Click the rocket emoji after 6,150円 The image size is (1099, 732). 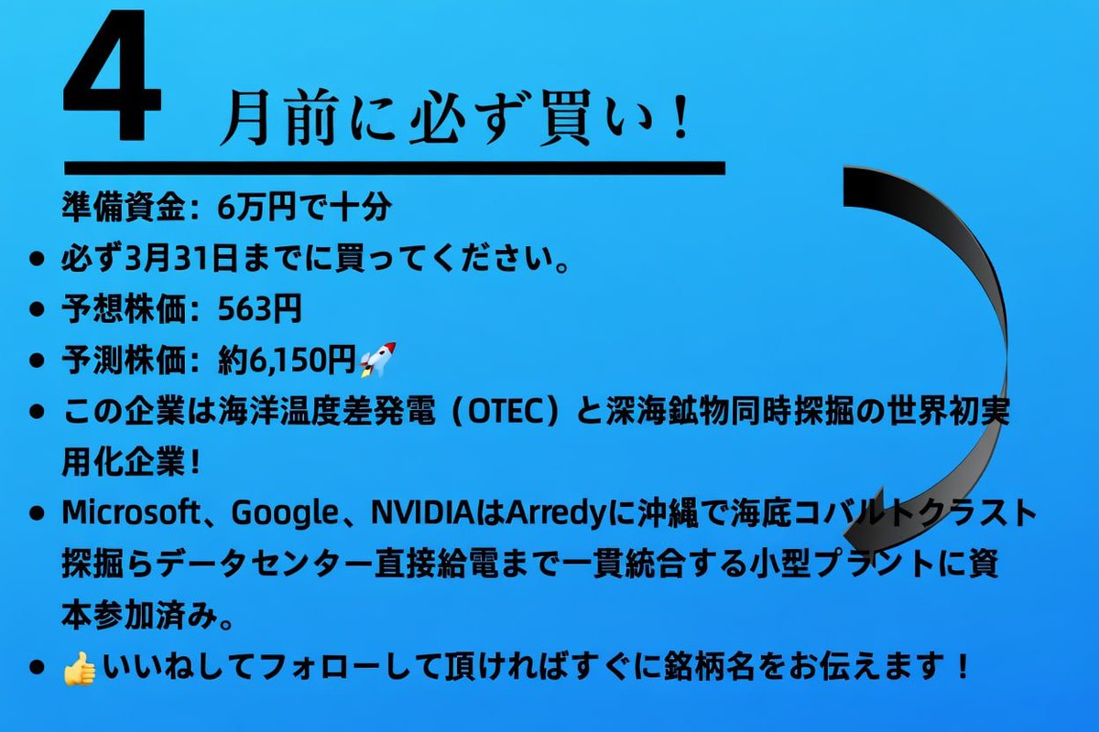tap(376, 361)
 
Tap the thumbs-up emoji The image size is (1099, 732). tap(80, 670)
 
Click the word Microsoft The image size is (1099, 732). tap(129, 514)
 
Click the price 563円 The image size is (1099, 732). tap(259, 310)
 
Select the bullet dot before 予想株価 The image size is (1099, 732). tap(38, 311)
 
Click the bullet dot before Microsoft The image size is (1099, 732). tap(38, 515)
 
